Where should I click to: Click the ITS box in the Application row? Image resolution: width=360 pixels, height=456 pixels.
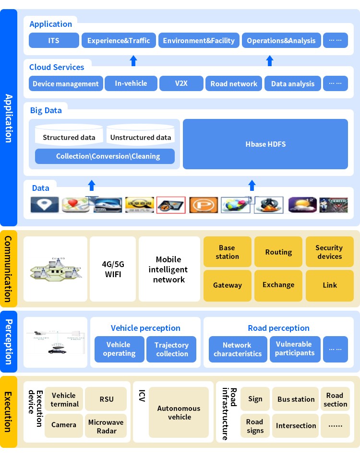[54, 40]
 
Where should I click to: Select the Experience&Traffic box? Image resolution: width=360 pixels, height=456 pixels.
[119, 40]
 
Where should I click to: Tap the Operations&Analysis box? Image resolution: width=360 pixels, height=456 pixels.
[281, 40]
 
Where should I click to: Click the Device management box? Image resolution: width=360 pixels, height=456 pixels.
[66, 83]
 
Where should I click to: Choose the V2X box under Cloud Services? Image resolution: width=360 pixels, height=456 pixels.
[181, 83]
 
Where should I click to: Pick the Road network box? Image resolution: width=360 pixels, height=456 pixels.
[234, 83]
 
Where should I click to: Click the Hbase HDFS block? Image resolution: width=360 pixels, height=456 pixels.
[265, 144]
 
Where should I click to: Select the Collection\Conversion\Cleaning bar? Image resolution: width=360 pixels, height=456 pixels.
[105, 156]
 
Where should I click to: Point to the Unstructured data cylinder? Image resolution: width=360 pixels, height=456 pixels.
[141, 136]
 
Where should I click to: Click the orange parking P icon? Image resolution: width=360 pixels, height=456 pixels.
[204, 205]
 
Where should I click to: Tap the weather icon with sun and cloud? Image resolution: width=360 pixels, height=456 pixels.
[302, 205]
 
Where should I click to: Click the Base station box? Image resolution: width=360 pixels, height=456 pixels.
[228, 252]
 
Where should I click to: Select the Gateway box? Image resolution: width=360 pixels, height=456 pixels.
[228, 285]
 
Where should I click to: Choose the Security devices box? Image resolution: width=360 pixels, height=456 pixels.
[329, 252]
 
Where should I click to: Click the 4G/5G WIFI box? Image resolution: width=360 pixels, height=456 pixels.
[113, 269]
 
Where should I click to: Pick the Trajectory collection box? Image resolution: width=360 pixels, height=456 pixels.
[171, 349]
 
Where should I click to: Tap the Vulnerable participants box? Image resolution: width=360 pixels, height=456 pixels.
[294, 349]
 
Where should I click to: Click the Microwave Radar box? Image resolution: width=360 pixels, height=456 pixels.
[106, 426]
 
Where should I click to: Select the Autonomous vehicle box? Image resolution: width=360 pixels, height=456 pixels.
[179, 412]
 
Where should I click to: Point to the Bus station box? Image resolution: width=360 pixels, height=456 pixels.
[296, 399]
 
